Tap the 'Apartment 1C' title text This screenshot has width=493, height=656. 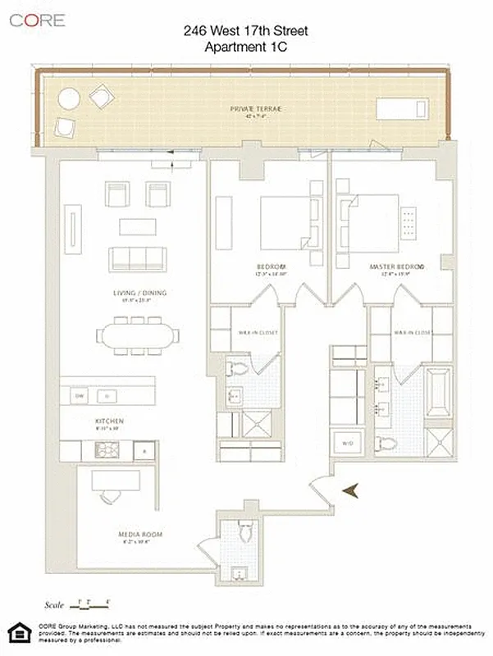click(246, 48)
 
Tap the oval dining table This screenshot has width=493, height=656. click(137, 336)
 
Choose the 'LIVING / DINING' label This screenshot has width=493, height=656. click(137, 293)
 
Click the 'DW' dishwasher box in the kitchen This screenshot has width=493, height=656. click(80, 396)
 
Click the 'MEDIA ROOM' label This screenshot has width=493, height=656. click(142, 535)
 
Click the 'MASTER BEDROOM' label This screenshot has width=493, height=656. click(397, 267)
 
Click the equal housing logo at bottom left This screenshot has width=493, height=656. click(16, 634)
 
